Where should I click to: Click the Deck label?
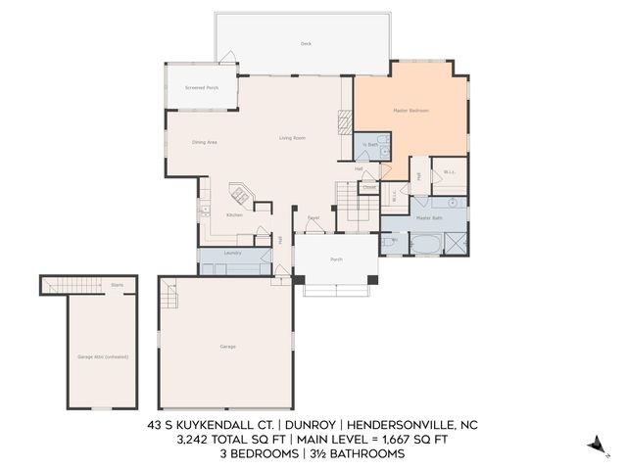tap(306, 44)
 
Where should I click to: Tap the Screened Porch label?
tap(201, 88)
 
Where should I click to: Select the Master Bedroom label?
tap(411, 111)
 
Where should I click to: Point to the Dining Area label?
tap(204, 143)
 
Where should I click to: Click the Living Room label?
tap(292, 138)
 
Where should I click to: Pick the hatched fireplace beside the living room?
tap(344, 121)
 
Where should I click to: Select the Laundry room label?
tap(232, 253)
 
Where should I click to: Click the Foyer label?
tap(313, 217)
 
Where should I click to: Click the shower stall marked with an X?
tap(455, 242)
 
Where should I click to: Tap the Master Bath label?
tap(429, 218)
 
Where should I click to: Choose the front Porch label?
tap(336, 259)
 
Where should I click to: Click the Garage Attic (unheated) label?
tap(103, 356)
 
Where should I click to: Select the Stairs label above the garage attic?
tap(117, 286)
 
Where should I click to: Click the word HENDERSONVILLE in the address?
tap(392, 425)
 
